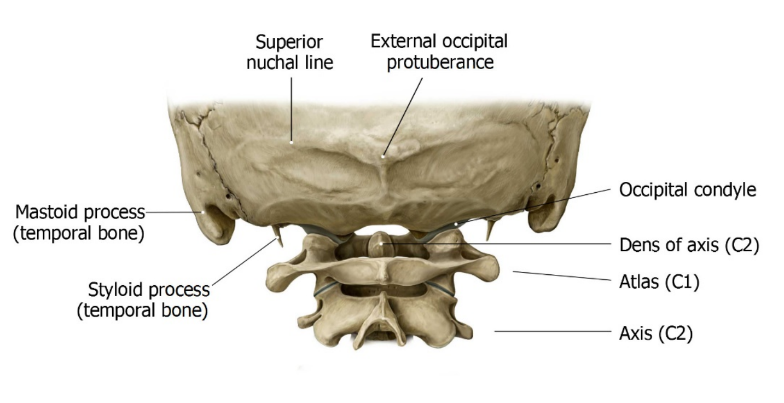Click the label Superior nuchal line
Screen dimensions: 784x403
pyautogui.click(x=290, y=52)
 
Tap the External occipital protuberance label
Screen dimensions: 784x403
pyautogui.click(x=439, y=51)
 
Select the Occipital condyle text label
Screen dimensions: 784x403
pyautogui.click(x=688, y=189)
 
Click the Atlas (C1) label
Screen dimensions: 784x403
pyautogui.click(x=659, y=281)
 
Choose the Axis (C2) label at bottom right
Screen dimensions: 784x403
pyautogui.click(x=656, y=333)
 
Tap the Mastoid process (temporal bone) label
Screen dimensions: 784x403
pyautogui.click(x=79, y=222)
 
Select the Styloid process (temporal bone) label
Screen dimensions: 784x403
pyautogui.click(x=143, y=300)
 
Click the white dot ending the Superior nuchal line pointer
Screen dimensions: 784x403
pyautogui.click(x=292, y=142)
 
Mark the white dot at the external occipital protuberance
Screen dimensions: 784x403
pyautogui.click(x=383, y=157)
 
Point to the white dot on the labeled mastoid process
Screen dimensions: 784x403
pyautogui.click(x=202, y=212)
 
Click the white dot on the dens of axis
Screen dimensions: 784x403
pyautogui.click(x=381, y=243)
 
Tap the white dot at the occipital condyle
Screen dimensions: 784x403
pyautogui.click(x=456, y=223)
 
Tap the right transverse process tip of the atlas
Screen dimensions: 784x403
pyautogui.click(x=490, y=268)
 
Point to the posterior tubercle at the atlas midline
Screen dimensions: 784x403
pyautogui.click(x=384, y=274)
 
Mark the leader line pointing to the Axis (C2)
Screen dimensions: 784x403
pyautogui.click(x=553, y=331)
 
